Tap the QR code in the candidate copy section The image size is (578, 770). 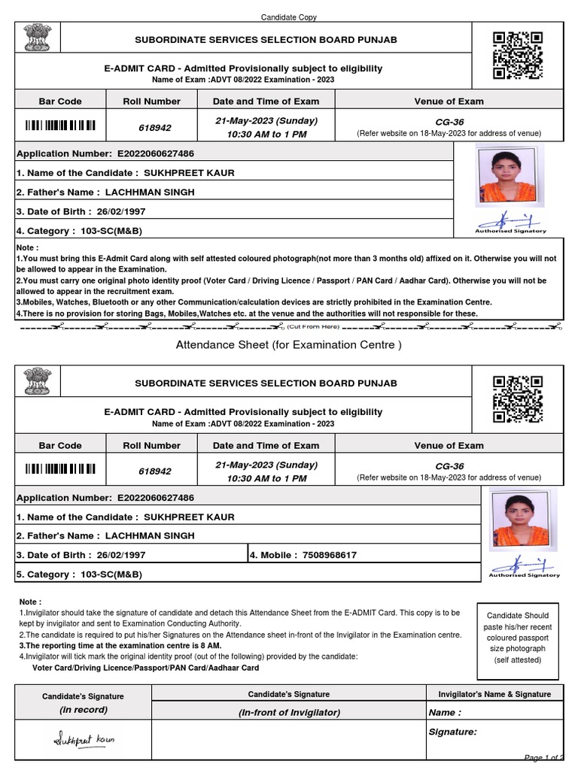coord(517,55)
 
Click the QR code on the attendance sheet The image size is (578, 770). coord(517,399)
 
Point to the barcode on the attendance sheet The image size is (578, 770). coord(61,471)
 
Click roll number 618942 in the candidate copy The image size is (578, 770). coord(154,127)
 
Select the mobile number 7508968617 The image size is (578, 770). coord(329,555)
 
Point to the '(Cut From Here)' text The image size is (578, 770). coord(313,326)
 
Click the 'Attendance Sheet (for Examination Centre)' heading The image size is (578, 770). coord(289,345)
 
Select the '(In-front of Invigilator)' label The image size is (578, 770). coord(289,712)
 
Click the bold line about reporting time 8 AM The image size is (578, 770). coord(120,645)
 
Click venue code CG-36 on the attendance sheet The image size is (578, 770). coord(449,465)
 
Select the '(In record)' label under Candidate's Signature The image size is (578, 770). coord(84,709)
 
